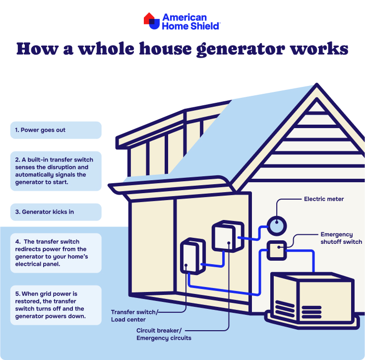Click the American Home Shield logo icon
pos(152,21)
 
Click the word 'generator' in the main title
pos(241,49)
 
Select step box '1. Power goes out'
pos(56,130)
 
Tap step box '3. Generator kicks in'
pos(56,212)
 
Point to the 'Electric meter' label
pos(324,199)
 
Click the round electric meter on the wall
pos(277,226)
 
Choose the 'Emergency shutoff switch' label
pos(341,238)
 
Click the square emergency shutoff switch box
pos(277,250)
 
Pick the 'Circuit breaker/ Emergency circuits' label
pos(164,334)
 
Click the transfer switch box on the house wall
pos(193,256)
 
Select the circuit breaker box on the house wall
pos(228,236)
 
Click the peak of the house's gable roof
pos(316,84)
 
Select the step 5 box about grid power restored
pos(56,305)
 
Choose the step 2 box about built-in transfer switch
pos(56,171)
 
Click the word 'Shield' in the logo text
pos(205,26)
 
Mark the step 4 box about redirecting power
pos(56,253)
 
